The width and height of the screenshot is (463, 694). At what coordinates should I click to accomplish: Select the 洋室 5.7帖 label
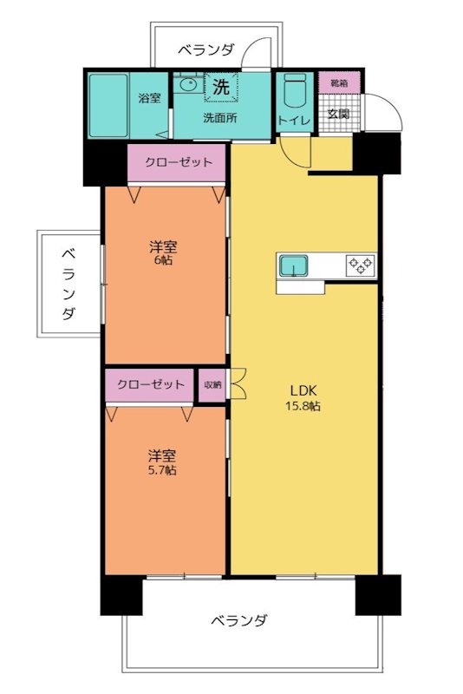point(162,462)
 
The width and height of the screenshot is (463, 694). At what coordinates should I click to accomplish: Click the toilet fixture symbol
point(294,92)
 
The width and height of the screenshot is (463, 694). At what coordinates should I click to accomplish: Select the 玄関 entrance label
point(337,112)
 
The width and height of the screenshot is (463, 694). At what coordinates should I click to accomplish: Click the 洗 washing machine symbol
point(221,87)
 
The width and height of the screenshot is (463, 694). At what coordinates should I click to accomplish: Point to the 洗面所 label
point(220,119)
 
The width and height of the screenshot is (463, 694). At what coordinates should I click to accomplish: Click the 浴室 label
point(150,98)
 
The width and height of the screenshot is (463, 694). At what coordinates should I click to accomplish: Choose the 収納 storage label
point(212,385)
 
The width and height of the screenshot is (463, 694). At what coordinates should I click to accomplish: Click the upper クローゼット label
point(178,162)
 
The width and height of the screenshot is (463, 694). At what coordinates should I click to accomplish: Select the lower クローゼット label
point(151,384)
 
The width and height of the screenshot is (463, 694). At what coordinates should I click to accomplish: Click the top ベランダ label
point(206,50)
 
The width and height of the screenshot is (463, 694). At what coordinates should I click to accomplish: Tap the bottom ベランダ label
point(239,621)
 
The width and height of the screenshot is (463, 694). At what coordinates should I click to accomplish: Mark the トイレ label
point(294,121)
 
